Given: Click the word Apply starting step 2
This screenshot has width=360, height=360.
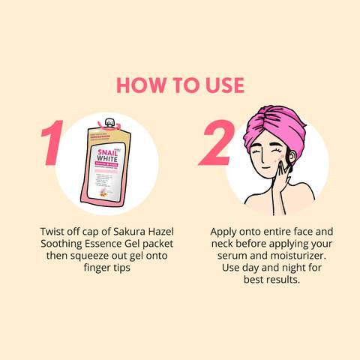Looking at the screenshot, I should click(x=225, y=232).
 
